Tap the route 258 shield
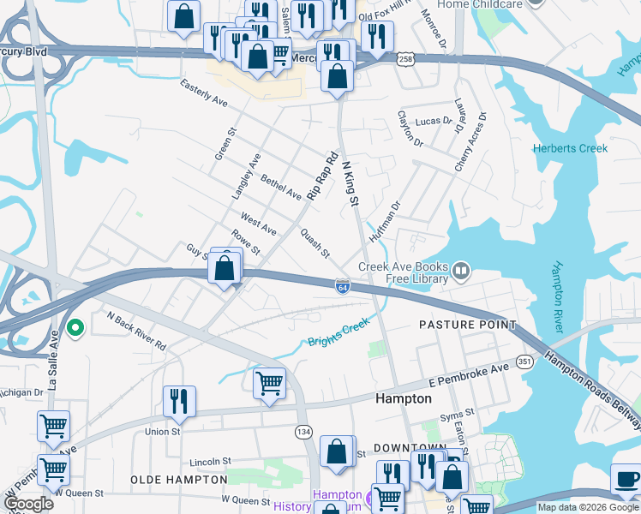pyautogui.click(x=406, y=58)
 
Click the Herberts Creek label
pyautogui.click(x=570, y=148)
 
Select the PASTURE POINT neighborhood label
pyautogui.click(x=467, y=325)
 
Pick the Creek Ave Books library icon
pyautogui.click(x=461, y=272)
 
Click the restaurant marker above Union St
pyautogui.click(x=179, y=400)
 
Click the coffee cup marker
pyautogui.click(x=626, y=478)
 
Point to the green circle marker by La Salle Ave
pyautogui.click(x=75, y=326)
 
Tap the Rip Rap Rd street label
pyautogui.click(x=323, y=177)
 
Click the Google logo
pyautogui.click(x=29, y=504)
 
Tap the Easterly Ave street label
pyautogui.click(x=203, y=93)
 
